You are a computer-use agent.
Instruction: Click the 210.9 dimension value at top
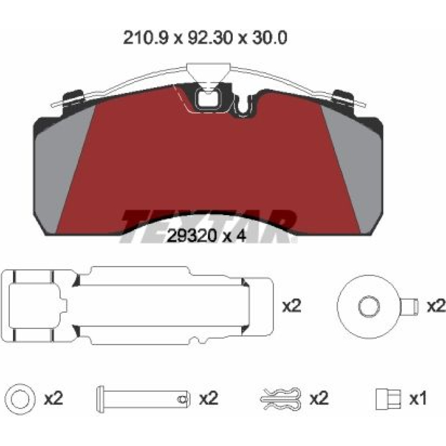(146, 38)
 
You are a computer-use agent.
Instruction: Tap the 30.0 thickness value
(269, 38)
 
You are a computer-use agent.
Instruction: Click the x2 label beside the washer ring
(54, 398)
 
